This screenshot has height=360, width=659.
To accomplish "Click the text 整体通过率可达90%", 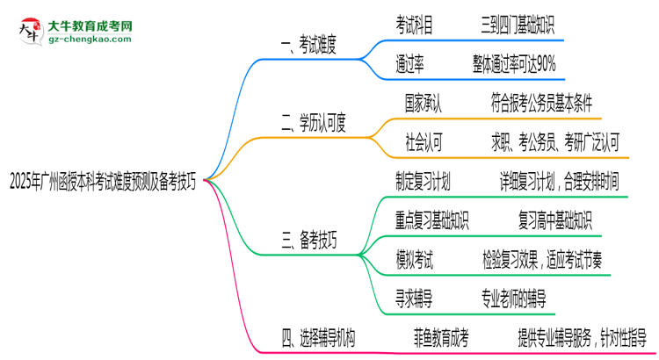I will (513, 63).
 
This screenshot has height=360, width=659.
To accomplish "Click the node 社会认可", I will (424, 140).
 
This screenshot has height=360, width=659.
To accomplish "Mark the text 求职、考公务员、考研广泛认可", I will (556, 140).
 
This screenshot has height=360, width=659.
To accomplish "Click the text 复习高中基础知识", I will (555, 220).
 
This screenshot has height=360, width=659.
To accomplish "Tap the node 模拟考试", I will (415, 258).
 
